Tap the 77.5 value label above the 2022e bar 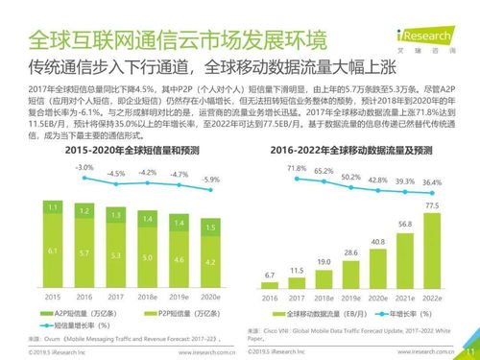[x=432, y=205]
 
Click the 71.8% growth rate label [x=270, y=169]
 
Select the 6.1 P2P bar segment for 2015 [x=53, y=250]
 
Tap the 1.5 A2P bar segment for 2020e [x=210, y=226]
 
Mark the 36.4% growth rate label [x=432, y=181]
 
